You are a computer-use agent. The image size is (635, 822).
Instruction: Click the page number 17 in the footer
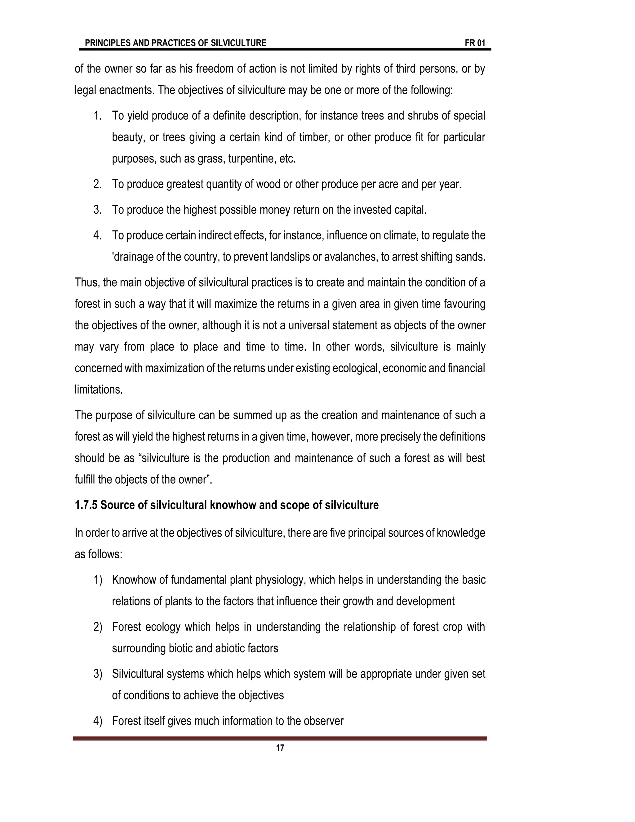tap(280, 748)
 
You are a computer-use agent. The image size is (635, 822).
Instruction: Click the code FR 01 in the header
tap(475, 43)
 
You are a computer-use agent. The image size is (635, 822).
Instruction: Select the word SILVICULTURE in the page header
tap(238, 43)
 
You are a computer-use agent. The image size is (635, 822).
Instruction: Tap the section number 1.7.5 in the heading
tap(86, 505)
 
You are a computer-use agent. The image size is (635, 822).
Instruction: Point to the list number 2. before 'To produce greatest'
tap(97, 184)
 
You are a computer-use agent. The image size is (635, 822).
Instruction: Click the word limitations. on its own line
tap(99, 390)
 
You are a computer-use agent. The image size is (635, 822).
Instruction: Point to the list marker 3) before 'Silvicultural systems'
tap(98, 674)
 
